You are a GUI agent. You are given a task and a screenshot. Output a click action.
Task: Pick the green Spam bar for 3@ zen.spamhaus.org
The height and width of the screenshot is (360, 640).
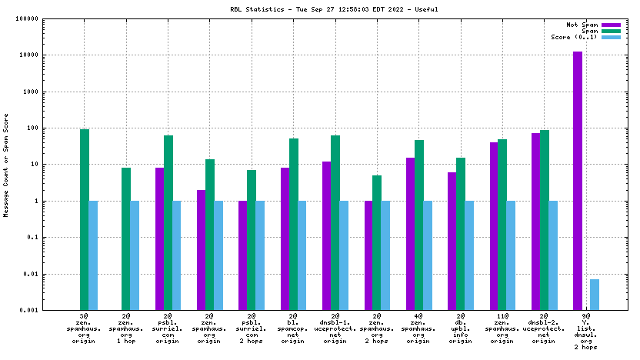[85, 219]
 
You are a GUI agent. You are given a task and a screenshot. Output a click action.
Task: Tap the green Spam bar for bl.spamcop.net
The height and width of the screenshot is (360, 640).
[293, 224]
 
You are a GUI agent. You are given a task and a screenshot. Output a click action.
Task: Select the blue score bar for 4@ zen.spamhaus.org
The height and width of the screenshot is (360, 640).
[427, 255]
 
